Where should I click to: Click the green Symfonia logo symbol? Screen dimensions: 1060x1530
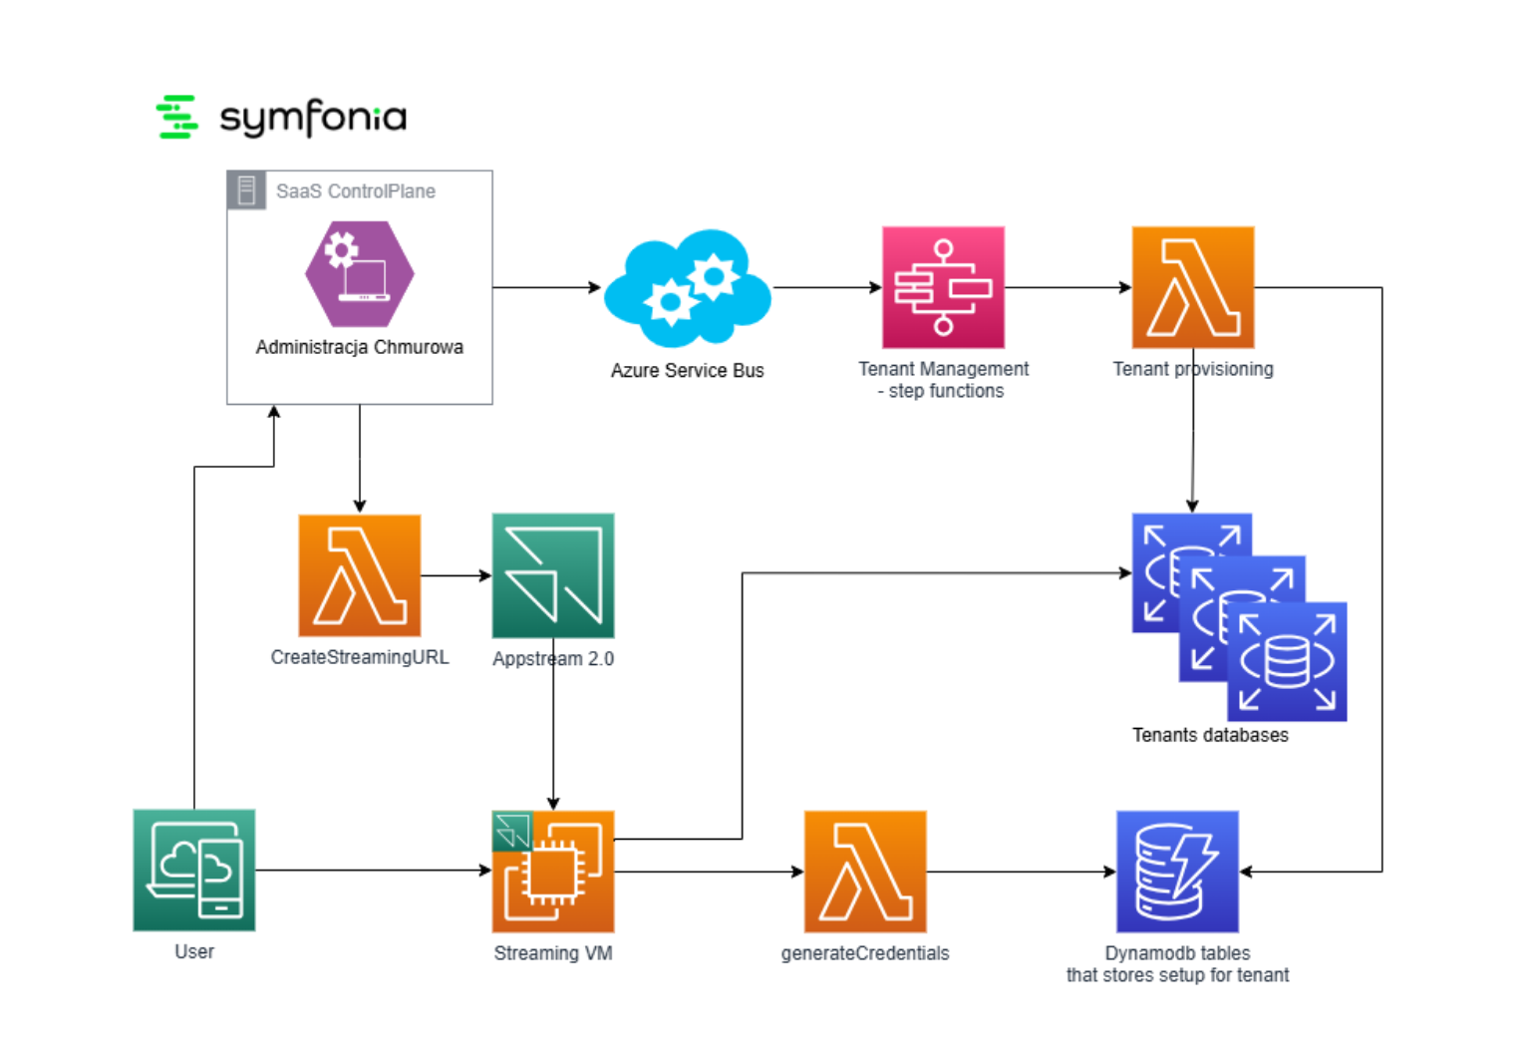click(177, 117)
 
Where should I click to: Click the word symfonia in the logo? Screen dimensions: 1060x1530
click(313, 118)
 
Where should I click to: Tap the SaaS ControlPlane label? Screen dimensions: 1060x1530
click(355, 191)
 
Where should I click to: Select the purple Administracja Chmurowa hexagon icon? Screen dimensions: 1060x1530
click(359, 274)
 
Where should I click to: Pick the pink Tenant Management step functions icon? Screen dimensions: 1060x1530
click(943, 287)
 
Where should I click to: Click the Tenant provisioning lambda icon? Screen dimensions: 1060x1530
click(1192, 287)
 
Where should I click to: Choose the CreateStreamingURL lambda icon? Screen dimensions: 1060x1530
click(359, 575)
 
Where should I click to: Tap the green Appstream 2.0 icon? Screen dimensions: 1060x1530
click(553, 575)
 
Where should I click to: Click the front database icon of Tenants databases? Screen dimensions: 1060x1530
click(1287, 662)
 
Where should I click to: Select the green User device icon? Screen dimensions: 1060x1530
click(194, 870)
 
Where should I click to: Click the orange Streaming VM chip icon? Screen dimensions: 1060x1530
click(553, 872)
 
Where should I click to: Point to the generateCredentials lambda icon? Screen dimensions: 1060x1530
click(865, 872)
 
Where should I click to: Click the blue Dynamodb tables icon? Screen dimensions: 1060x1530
click(1177, 872)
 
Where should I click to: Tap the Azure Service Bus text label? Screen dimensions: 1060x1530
click(687, 371)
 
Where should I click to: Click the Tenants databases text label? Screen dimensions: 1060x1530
click(1210, 736)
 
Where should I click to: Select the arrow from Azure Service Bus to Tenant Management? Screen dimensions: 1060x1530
click(827, 287)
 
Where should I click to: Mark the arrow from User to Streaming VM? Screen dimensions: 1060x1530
click(374, 871)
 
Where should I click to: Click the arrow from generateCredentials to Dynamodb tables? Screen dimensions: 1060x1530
click(1021, 872)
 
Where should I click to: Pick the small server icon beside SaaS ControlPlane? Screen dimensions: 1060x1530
click(246, 190)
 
